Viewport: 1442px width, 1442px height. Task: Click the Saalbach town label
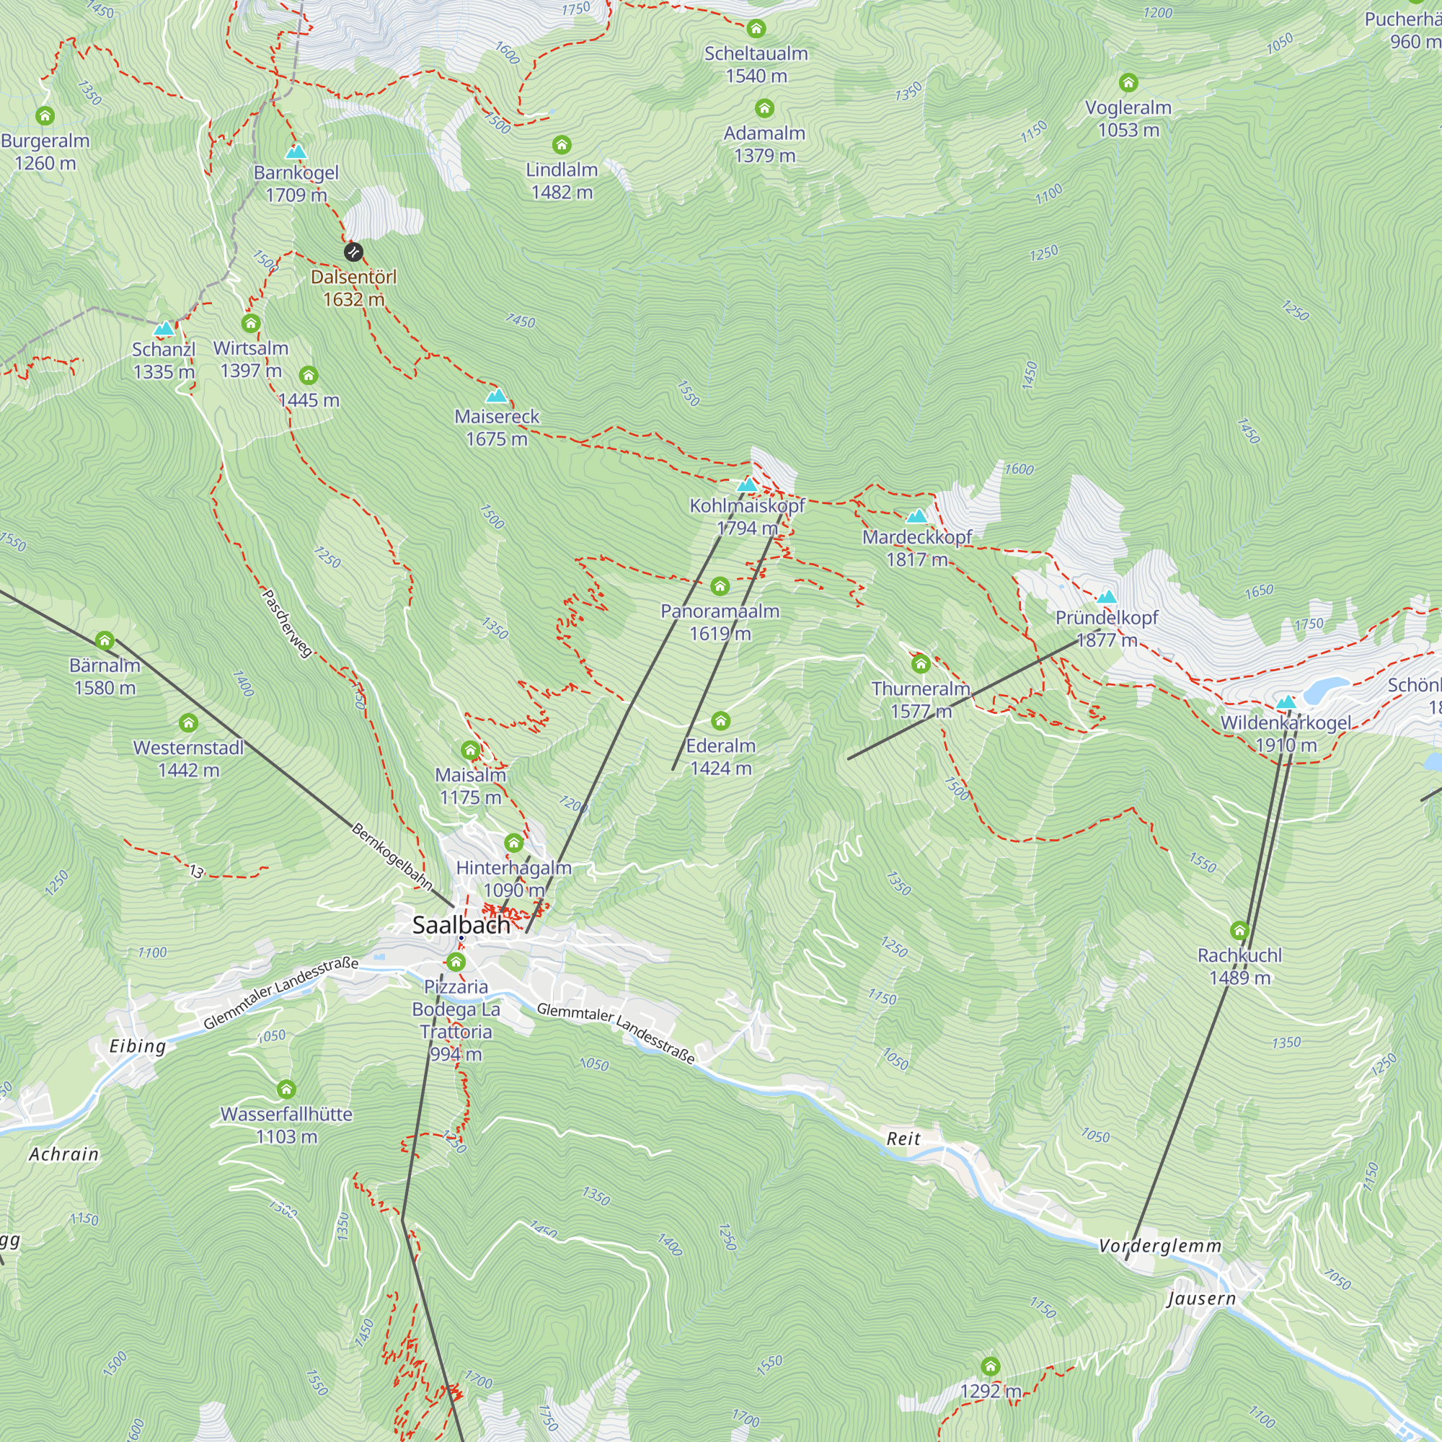click(461, 925)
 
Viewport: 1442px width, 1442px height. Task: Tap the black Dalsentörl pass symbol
click(353, 252)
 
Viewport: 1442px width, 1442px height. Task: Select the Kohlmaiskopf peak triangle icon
click(747, 485)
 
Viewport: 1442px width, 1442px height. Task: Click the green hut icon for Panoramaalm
click(720, 587)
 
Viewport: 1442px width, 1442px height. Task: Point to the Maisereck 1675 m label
click(496, 428)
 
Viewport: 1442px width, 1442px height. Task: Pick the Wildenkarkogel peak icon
click(1286, 702)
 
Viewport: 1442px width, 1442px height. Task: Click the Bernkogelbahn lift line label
click(392, 856)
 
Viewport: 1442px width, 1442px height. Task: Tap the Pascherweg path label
click(288, 623)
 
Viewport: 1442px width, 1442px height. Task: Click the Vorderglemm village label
click(1160, 1246)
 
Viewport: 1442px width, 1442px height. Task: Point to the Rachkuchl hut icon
click(1239, 931)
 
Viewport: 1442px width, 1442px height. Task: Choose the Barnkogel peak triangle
click(296, 151)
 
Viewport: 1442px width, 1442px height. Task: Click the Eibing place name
click(137, 1045)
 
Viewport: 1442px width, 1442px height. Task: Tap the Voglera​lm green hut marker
click(1128, 82)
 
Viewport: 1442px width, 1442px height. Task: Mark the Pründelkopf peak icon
click(1106, 596)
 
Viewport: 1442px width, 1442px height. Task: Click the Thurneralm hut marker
click(920, 663)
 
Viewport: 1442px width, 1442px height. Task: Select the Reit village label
click(903, 1139)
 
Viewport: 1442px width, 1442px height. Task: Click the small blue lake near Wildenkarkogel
click(1327, 684)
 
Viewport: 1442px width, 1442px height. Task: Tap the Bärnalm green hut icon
click(105, 640)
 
